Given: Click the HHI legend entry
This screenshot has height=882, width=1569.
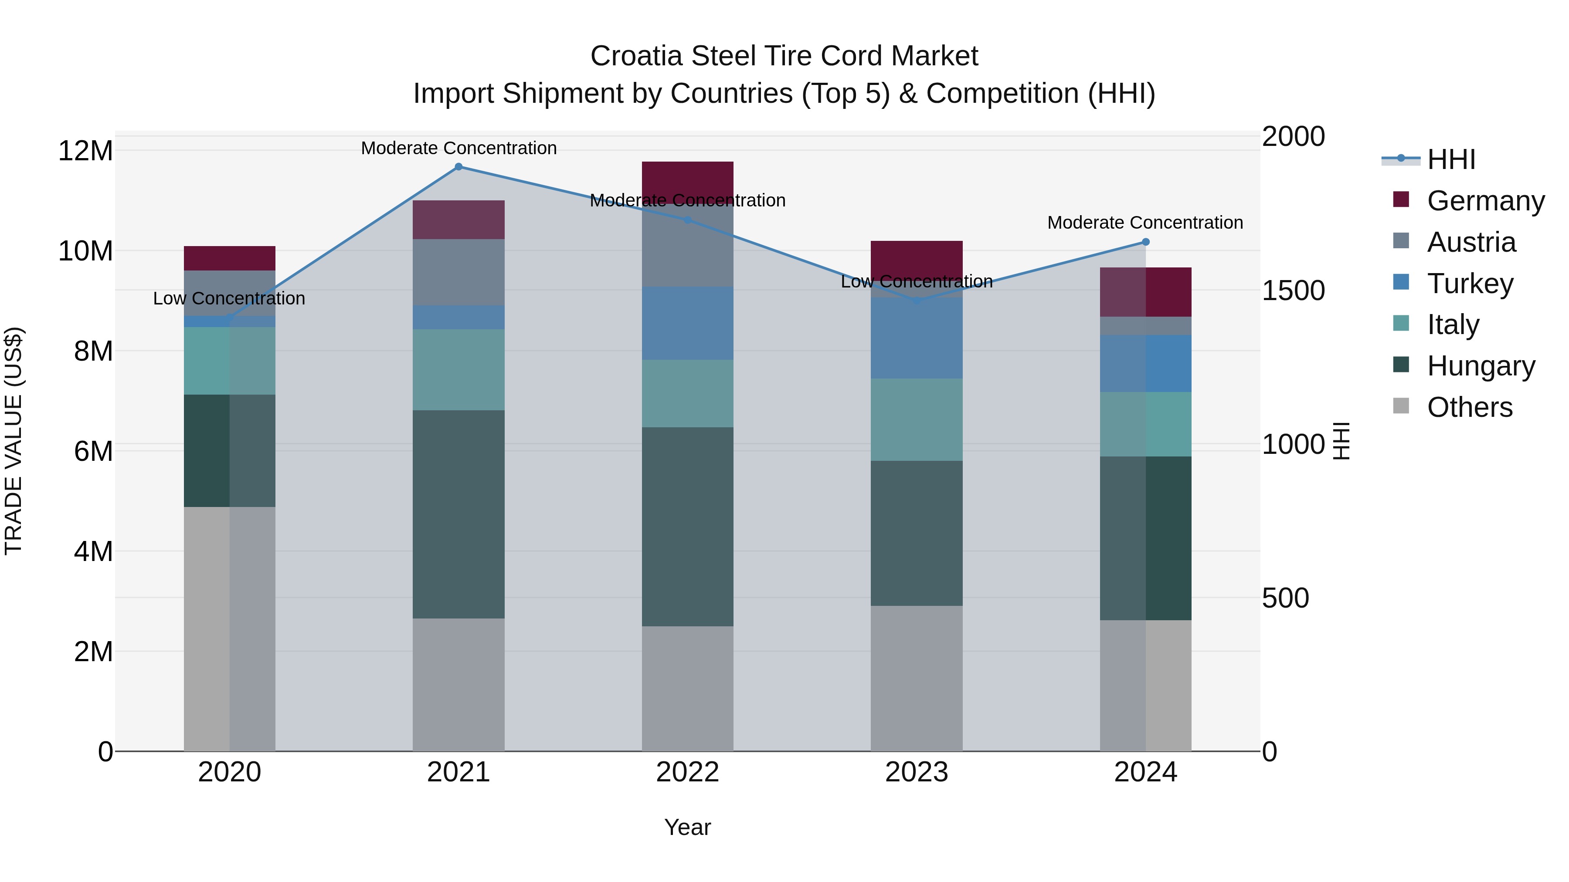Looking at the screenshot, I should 1450,159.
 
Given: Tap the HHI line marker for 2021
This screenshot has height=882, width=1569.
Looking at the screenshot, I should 458,167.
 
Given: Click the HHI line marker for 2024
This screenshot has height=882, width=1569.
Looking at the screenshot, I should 1145,242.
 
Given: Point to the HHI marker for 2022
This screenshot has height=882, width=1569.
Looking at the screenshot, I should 688,220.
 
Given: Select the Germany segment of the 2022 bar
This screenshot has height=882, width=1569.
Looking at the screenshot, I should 688,180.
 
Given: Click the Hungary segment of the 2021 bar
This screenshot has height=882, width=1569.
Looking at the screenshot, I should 458,514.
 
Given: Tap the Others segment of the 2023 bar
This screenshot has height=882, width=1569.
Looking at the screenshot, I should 917,678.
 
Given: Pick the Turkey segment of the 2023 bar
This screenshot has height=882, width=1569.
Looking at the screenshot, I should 917,338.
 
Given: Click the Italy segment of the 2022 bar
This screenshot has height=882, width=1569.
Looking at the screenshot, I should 688,393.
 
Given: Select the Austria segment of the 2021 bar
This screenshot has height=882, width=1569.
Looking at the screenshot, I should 458,272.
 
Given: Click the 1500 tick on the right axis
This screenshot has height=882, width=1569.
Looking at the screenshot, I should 1293,291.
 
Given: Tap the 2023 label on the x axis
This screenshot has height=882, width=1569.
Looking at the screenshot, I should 917,772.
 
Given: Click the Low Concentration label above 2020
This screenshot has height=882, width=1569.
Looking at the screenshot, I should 229,298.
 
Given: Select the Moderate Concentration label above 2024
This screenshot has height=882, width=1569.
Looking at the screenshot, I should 1145,223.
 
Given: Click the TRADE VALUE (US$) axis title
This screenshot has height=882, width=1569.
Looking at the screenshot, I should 14,441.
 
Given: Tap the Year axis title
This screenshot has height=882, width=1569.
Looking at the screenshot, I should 688,827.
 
